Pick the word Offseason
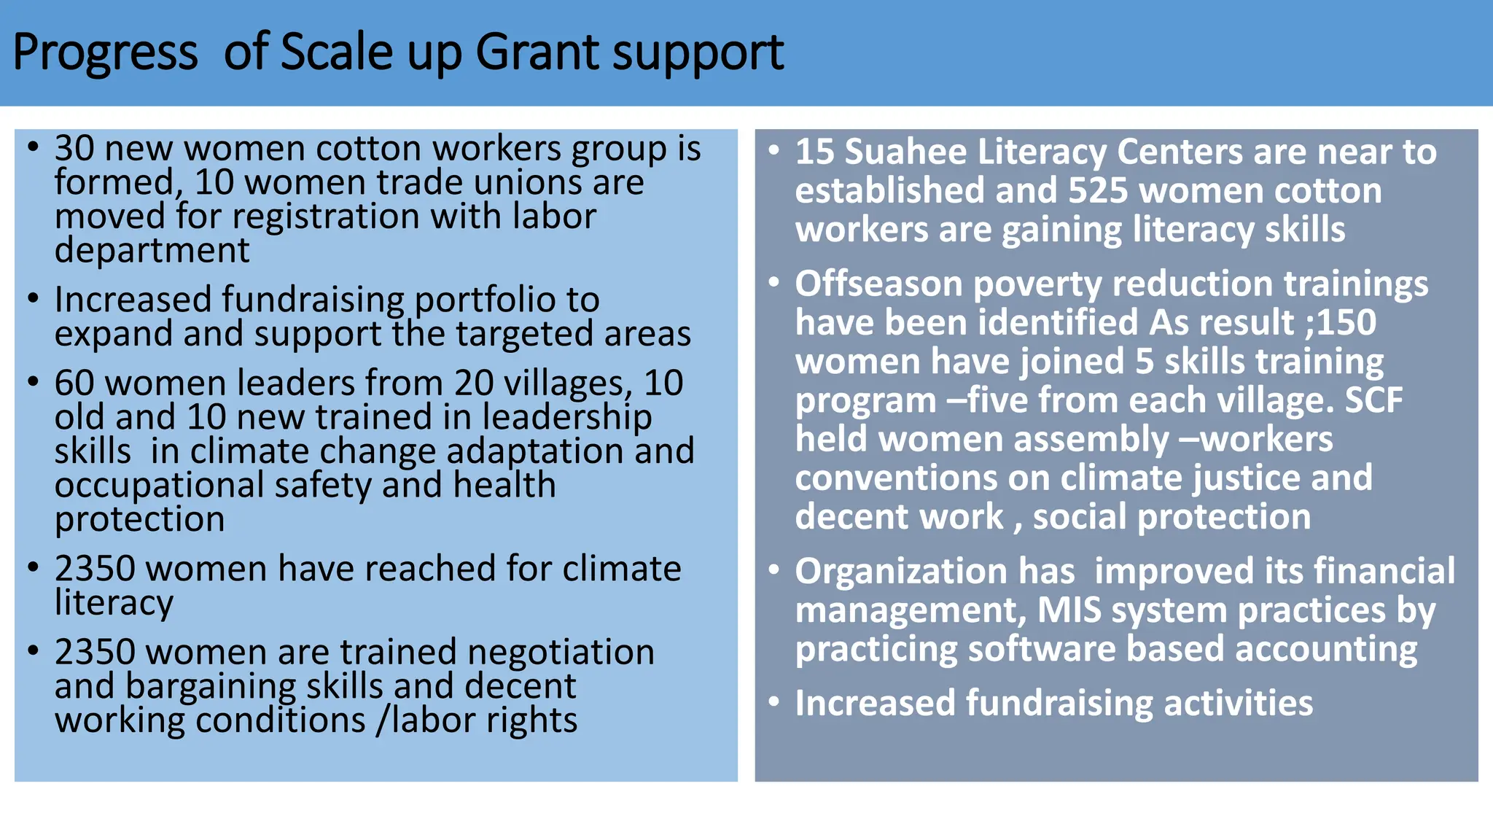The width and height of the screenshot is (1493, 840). click(878, 284)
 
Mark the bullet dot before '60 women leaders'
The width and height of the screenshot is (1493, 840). click(33, 381)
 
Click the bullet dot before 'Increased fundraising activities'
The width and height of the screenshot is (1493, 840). click(773, 702)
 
